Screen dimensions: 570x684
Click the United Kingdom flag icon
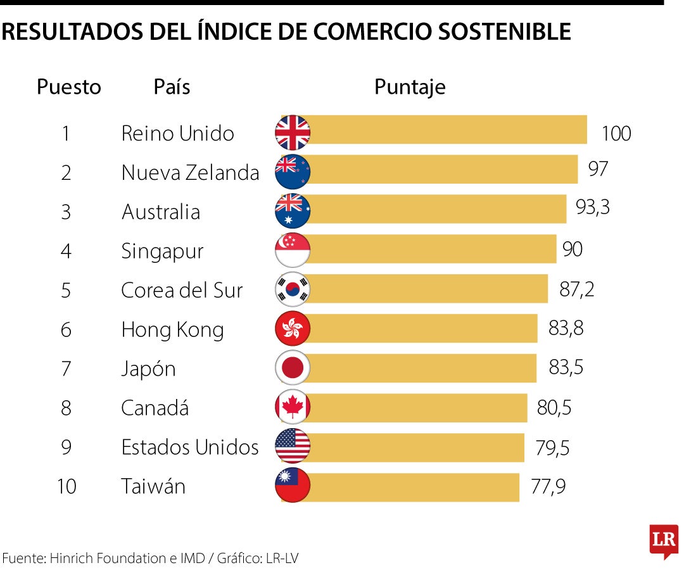coord(293,133)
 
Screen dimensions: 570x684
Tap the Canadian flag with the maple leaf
coord(293,407)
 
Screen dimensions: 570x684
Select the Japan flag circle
coord(293,368)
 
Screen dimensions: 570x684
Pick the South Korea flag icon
coord(293,289)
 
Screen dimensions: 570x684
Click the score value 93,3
coord(592,207)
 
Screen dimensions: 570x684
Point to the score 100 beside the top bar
coord(616,134)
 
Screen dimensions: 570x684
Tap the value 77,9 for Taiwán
coord(548,486)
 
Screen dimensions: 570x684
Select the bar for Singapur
coord(431,250)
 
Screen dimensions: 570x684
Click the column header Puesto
coord(69,87)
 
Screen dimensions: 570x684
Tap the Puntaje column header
coord(410,87)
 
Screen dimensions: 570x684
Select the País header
coord(172,87)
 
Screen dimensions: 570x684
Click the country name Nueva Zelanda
coord(190,172)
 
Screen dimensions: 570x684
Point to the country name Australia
coord(161,212)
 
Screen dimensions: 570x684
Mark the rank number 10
coord(66,486)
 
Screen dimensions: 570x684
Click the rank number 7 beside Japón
coord(66,369)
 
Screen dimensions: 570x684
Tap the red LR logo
coord(664,540)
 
